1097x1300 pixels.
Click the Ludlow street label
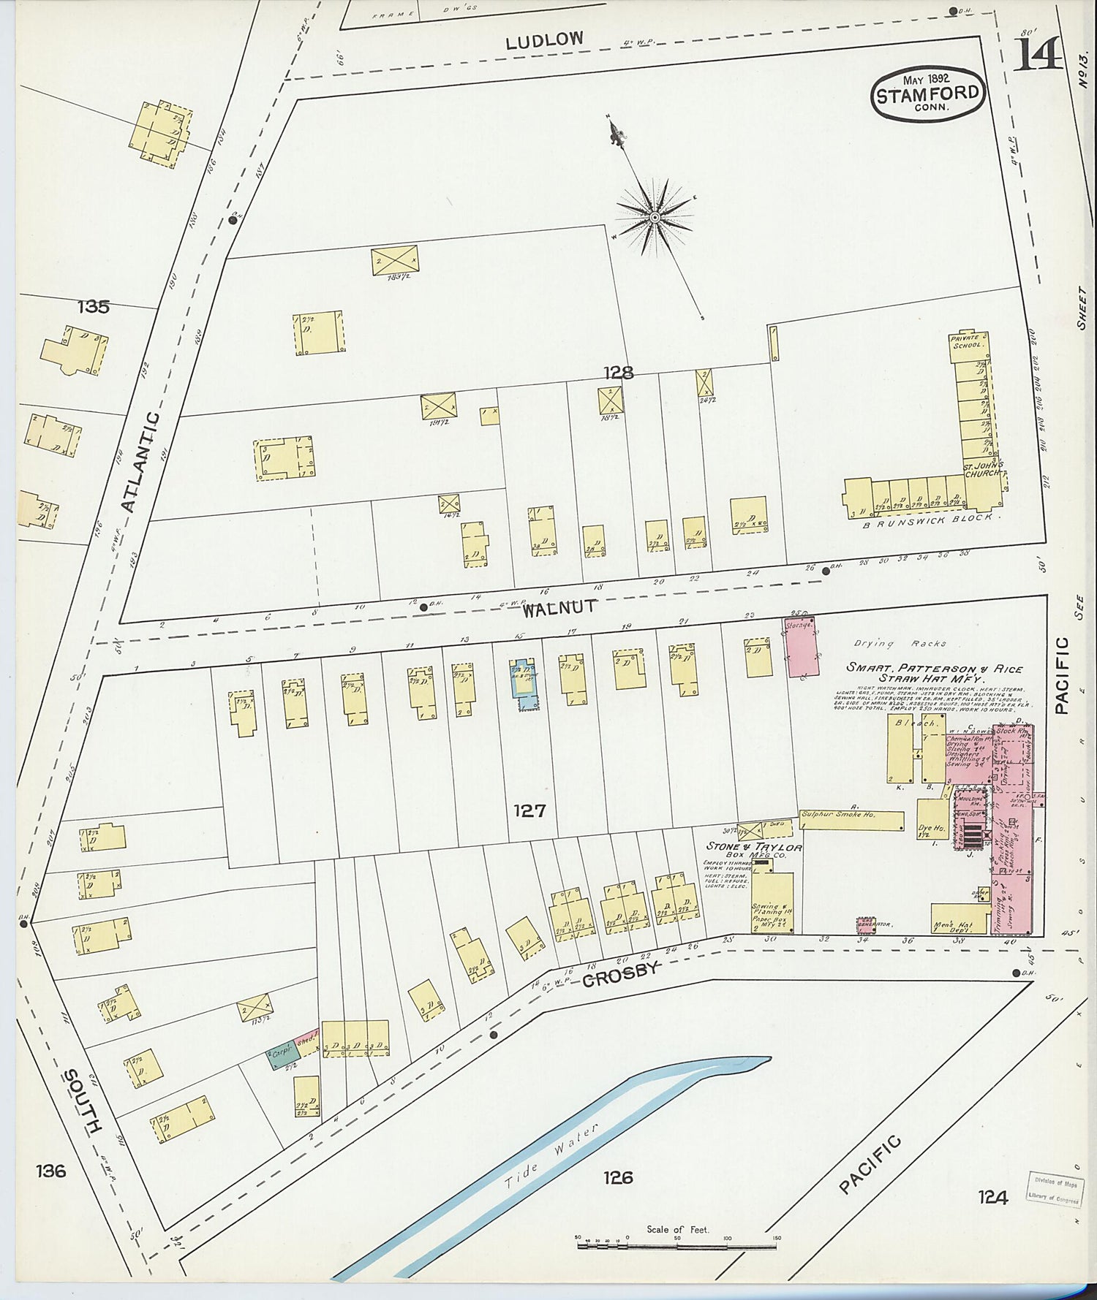coord(545,40)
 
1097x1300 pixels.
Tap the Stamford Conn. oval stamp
coord(928,94)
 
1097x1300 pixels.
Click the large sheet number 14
coord(1038,53)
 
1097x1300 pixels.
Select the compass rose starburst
coord(655,217)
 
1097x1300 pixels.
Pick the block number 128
coord(618,373)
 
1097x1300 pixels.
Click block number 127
coord(529,810)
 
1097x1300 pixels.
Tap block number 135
coord(94,306)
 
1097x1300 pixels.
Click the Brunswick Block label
coord(927,521)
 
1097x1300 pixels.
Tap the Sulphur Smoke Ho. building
coord(851,820)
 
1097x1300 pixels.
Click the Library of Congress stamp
coord(1055,1190)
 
